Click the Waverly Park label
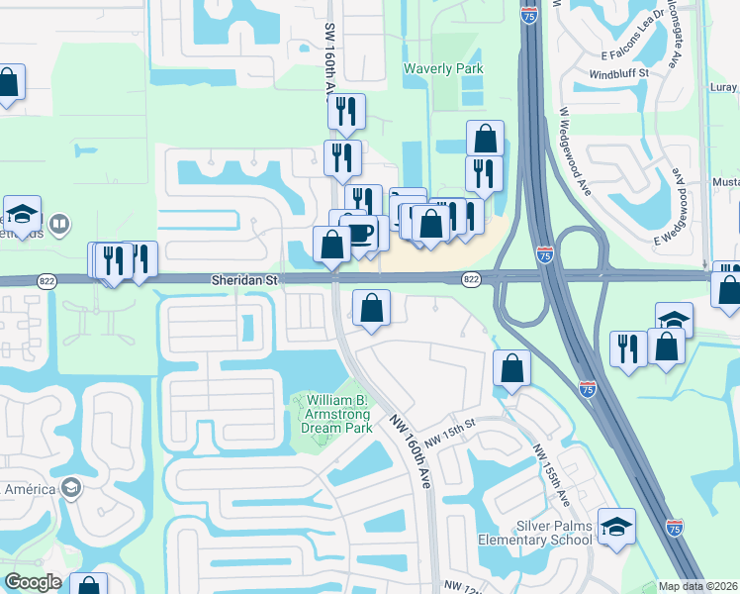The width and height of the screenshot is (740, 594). coord(443,68)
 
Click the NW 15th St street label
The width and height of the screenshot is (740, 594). coord(451,432)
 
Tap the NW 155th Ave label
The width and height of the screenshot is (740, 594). coord(550,474)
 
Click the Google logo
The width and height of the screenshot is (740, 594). coord(33,582)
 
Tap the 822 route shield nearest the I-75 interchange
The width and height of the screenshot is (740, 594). coord(471,281)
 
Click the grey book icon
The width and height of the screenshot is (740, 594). coord(58,226)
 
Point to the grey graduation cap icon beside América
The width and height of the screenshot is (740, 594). coord(70,487)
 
